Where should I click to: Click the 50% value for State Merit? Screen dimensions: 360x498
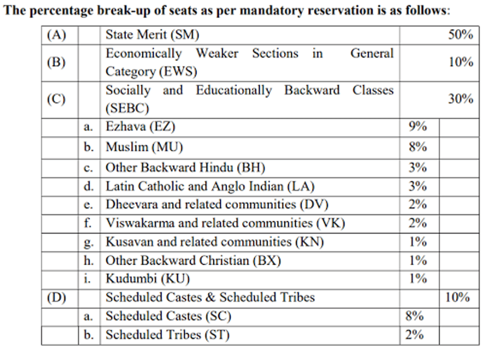coord(460,35)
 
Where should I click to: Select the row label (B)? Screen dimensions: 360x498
coord(56,62)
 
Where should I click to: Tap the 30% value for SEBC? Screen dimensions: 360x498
coord(460,99)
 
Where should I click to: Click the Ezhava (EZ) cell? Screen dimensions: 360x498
coord(140,127)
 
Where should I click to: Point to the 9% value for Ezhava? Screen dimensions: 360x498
coord(417,127)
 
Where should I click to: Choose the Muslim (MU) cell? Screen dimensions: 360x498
coord(144,147)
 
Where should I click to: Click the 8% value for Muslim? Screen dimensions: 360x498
coord(417,147)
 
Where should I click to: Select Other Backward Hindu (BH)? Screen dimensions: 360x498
coord(185,167)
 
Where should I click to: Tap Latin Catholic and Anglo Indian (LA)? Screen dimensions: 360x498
coord(210,186)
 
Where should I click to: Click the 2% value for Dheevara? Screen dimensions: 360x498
coord(417,205)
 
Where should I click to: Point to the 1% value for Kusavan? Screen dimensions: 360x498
coord(417,242)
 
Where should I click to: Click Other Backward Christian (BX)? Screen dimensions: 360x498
coord(193,260)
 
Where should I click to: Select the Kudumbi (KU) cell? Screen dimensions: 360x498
coord(147,279)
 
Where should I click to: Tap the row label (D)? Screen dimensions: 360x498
coord(56,297)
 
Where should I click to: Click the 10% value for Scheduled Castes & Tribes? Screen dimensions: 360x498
coord(457,297)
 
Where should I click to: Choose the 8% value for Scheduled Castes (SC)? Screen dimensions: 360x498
coord(414,316)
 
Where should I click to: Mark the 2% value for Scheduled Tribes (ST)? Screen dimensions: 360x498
coord(414,335)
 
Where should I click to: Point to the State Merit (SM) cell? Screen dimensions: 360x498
coord(152,35)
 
